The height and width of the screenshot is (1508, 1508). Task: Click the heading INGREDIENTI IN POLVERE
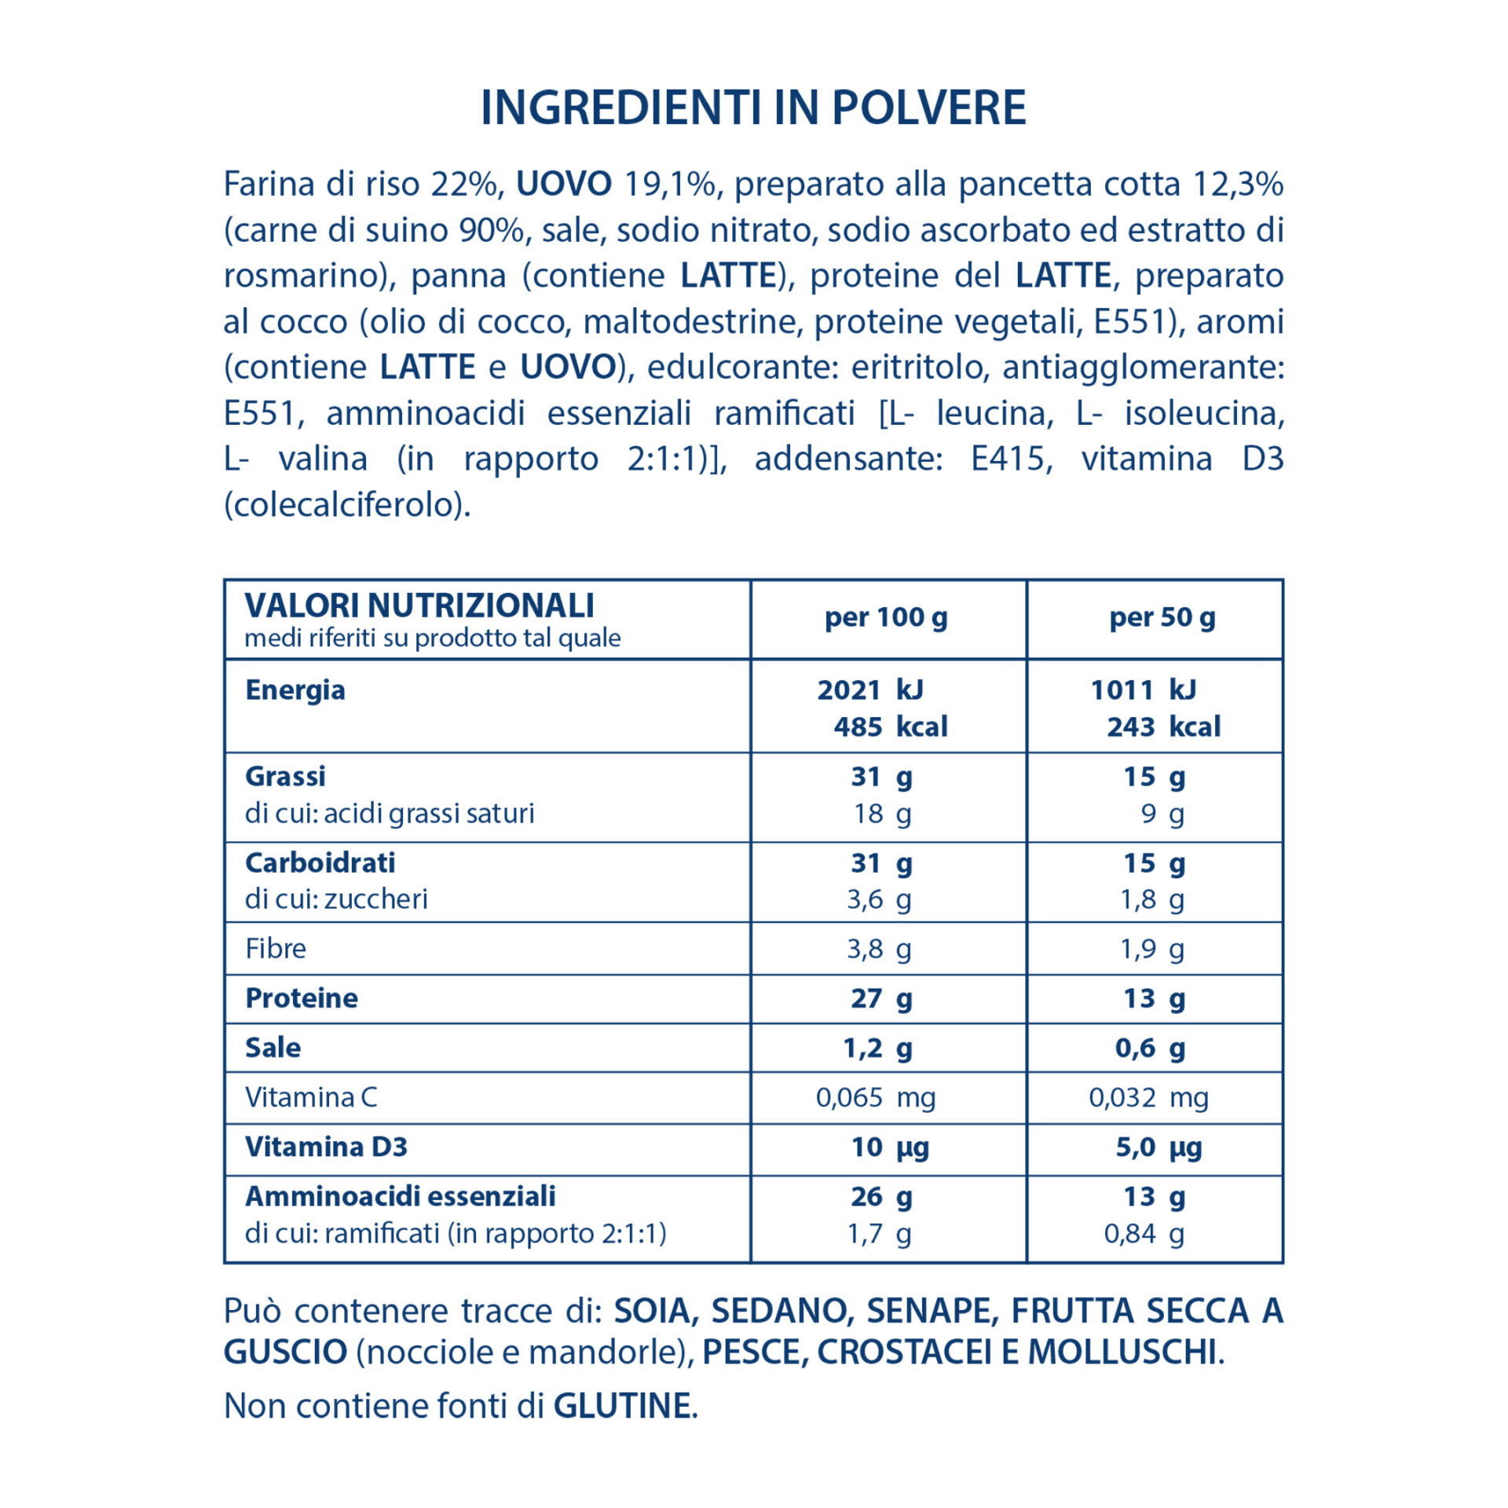pyautogui.click(x=753, y=108)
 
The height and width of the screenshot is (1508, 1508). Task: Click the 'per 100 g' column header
pyautogui.click(x=886, y=617)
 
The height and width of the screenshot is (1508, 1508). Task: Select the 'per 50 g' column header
pyautogui.click(x=1162, y=617)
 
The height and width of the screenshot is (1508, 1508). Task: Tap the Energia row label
pyautogui.click(x=295, y=690)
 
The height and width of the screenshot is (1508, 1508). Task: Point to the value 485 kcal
pyautogui.click(x=890, y=727)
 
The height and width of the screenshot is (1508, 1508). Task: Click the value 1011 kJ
pyautogui.click(x=1143, y=690)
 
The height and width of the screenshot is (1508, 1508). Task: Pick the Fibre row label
pyautogui.click(x=276, y=948)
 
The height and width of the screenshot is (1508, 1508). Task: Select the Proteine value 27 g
pyautogui.click(x=881, y=997)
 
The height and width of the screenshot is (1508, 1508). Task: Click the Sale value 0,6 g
pyautogui.click(x=1150, y=1047)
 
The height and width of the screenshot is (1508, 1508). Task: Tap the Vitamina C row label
pyautogui.click(x=311, y=1096)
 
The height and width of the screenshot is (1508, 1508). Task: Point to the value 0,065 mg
pyautogui.click(x=875, y=1096)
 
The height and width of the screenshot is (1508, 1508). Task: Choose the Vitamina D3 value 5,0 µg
pyautogui.click(x=1158, y=1147)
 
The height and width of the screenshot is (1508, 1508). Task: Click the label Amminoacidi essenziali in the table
pyautogui.click(x=400, y=1195)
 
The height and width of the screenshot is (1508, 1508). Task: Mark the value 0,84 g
pyautogui.click(x=1144, y=1233)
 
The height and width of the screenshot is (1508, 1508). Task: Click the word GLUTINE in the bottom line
pyautogui.click(x=622, y=1405)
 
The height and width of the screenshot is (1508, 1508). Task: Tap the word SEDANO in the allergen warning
pyautogui.click(x=780, y=1310)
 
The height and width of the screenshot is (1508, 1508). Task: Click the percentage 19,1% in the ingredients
pyautogui.click(x=669, y=184)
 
